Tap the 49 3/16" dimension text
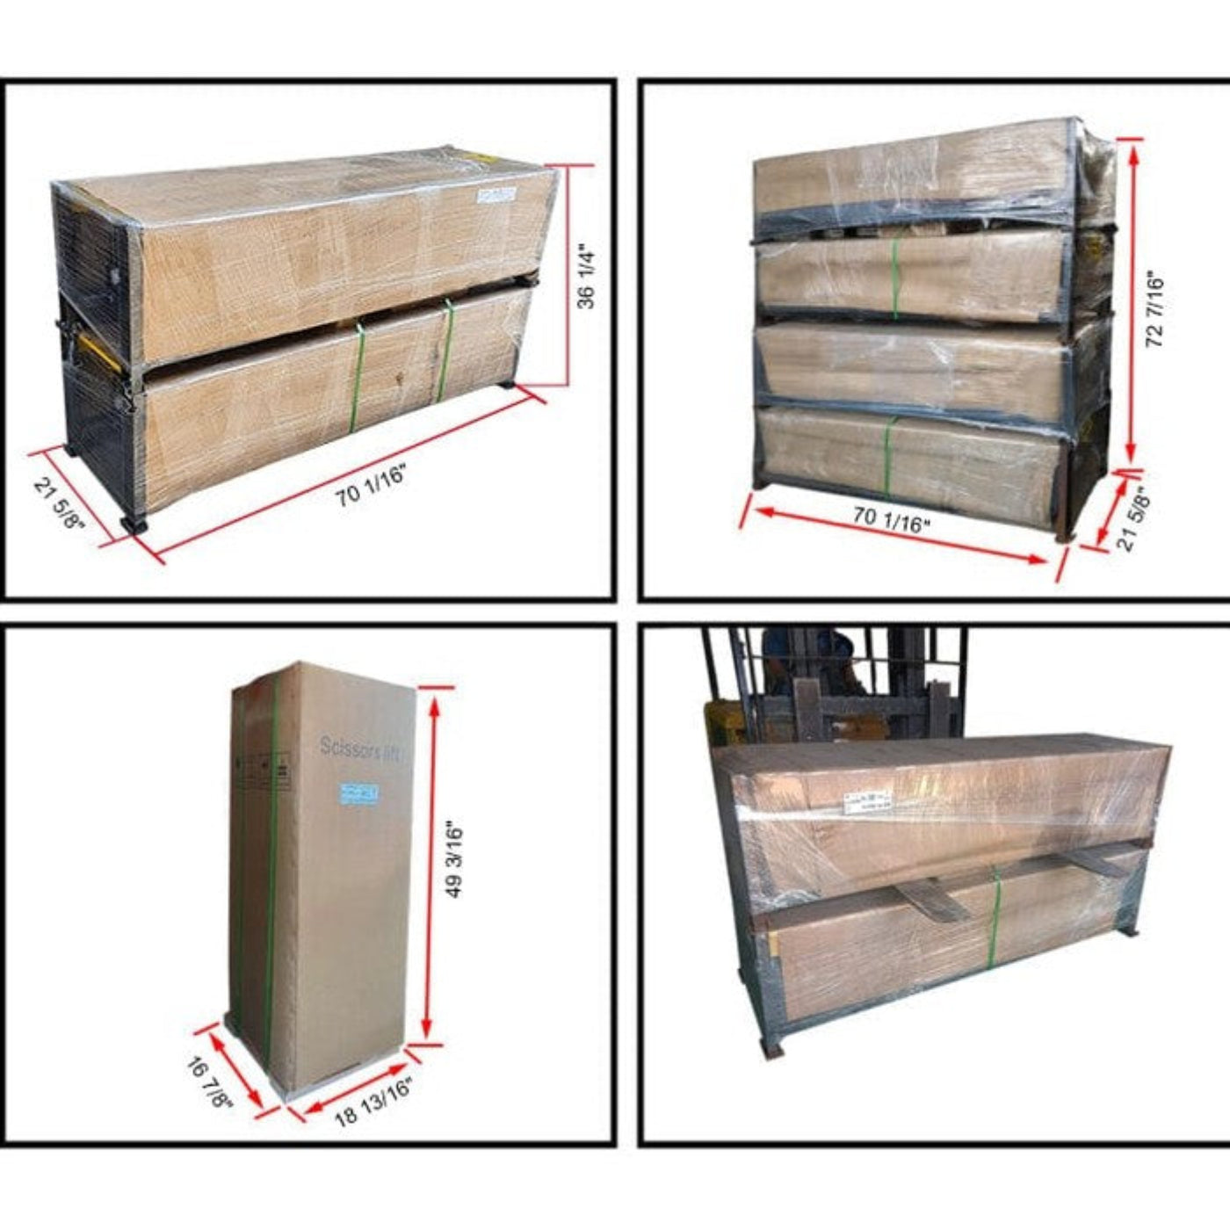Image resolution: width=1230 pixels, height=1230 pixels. pos(454,860)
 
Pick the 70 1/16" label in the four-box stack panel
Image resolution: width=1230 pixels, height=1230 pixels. pos(892,520)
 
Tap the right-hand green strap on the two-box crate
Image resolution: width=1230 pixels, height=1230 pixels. pos(447,349)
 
